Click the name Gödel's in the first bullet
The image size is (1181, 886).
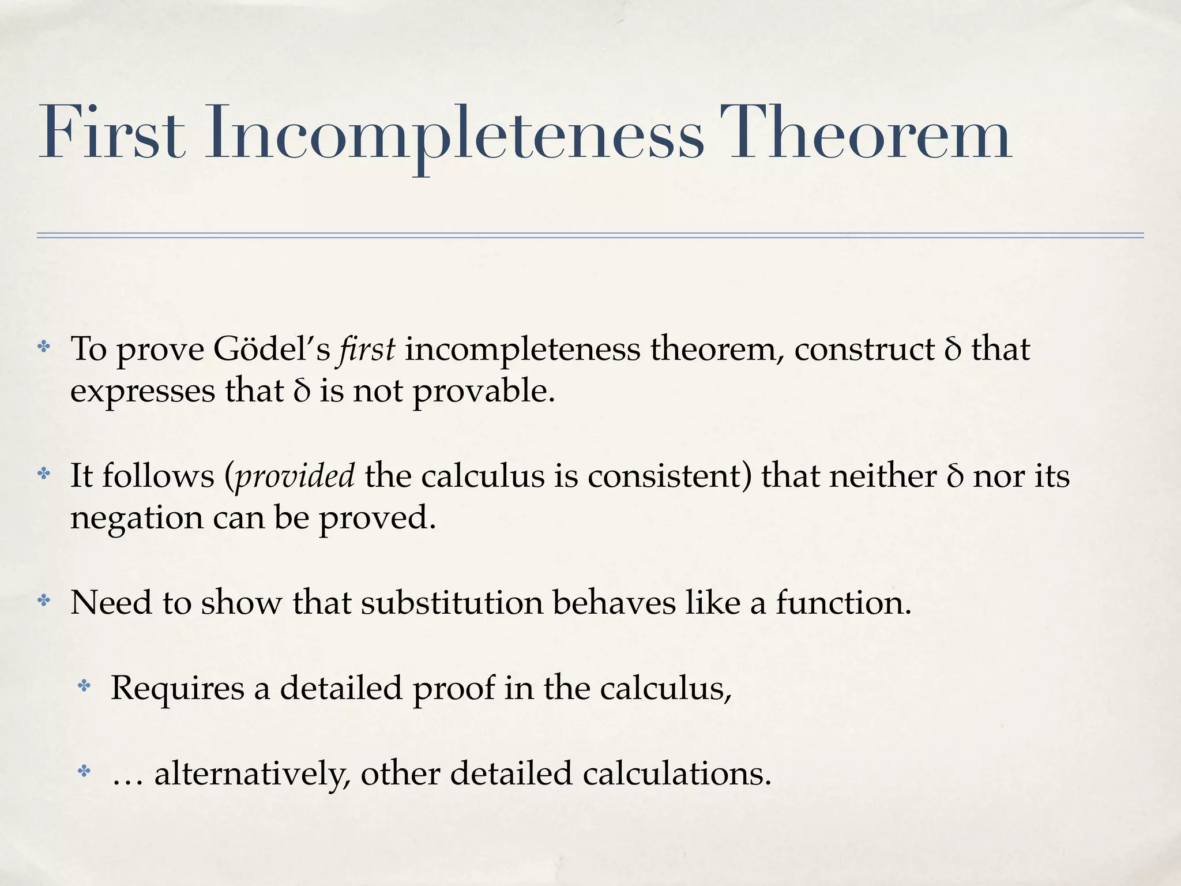(271, 350)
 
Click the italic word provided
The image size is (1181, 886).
(295, 476)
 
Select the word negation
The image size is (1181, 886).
(137, 518)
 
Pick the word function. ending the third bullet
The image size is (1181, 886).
(844, 603)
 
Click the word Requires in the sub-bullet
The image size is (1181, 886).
(177, 688)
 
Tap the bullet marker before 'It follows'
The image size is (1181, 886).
(44, 474)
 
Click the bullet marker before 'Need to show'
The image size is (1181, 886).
(44, 601)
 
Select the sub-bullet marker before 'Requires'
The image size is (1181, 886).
(84, 686)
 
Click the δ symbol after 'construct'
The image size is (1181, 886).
(953, 350)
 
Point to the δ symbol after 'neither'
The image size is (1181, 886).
(954, 476)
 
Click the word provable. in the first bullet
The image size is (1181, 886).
(484, 392)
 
